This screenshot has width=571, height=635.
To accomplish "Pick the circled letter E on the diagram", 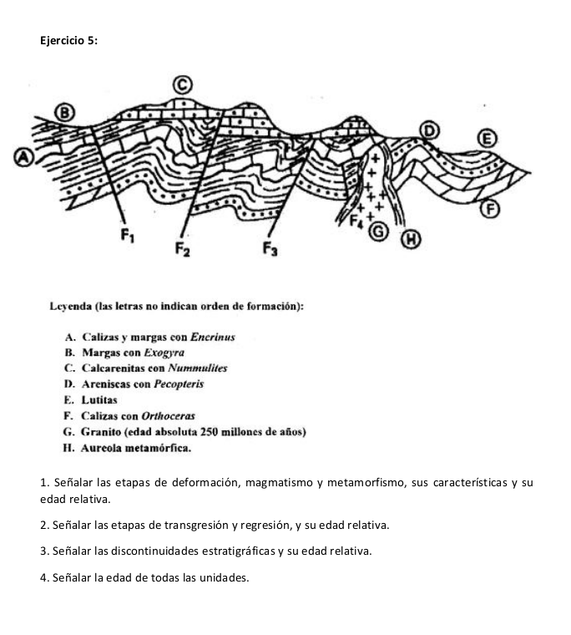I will tap(483, 137).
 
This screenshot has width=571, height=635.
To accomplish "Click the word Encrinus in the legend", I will tap(212, 338).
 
